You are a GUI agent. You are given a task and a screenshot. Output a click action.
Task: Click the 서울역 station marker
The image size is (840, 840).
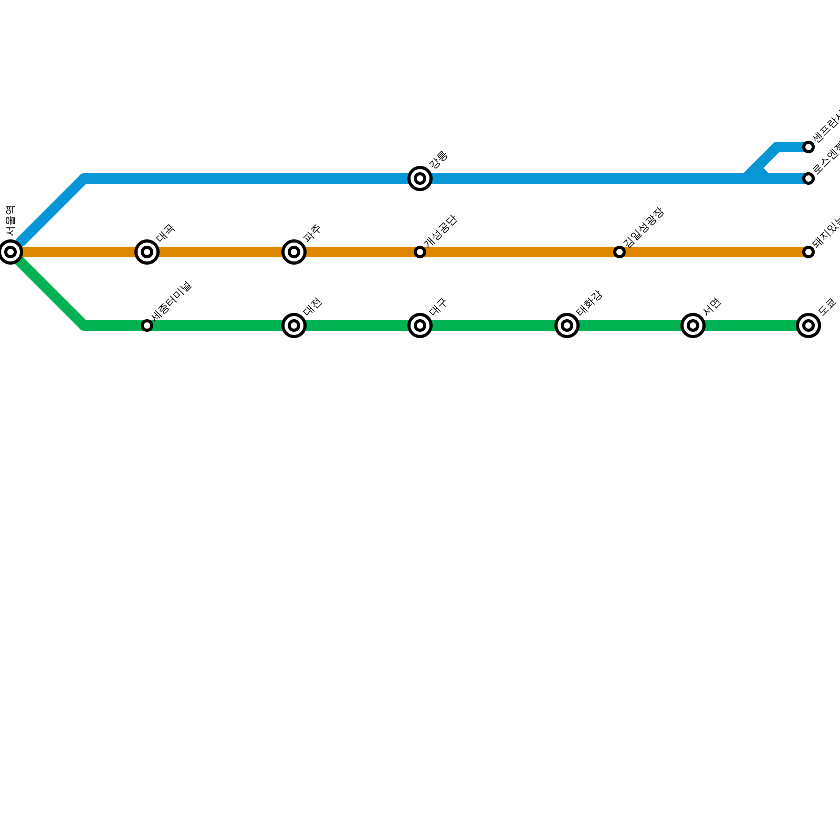(10, 252)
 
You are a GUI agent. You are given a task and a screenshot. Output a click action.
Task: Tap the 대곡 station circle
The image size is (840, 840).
(147, 252)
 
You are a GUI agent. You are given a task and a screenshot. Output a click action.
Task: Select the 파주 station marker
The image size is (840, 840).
(294, 252)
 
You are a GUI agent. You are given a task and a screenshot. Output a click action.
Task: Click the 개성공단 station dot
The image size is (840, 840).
(420, 252)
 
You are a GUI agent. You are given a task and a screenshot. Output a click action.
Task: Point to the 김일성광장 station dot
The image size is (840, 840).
(619, 252)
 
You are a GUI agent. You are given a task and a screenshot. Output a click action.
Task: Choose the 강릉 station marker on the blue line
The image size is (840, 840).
(420, 178)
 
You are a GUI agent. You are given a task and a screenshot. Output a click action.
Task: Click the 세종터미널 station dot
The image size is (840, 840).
(147, 325)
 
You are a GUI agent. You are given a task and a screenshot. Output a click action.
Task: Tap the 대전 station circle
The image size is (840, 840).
(294, 325)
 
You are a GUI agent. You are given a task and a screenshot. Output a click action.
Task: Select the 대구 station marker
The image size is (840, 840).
(420, 325)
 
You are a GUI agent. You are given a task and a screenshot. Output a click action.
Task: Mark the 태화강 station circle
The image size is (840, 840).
(567, 325)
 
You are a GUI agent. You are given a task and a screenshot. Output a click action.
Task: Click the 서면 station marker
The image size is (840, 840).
(693, 325)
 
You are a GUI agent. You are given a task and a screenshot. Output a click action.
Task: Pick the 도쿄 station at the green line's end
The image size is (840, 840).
(808, 325)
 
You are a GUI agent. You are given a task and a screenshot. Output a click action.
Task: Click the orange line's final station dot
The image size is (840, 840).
(808, 252)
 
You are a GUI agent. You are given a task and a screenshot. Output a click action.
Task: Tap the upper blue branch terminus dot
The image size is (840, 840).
(808, 147)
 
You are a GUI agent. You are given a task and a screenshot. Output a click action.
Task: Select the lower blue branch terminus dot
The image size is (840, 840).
(808, 178)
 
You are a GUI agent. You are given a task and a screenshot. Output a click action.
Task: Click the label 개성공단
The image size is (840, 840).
(441, 232)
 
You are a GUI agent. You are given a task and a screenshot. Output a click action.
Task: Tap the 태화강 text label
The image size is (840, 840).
(589, 304)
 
